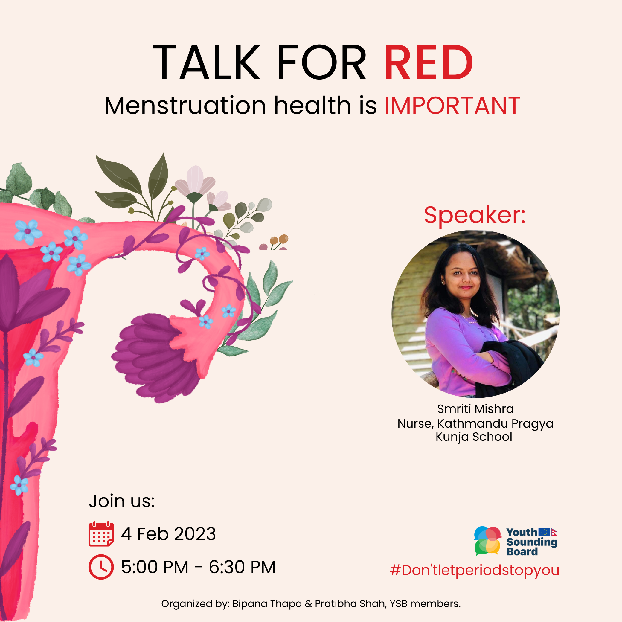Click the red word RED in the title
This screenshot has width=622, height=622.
click(429, 62)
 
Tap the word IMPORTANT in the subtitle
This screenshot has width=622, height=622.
click(452, 106)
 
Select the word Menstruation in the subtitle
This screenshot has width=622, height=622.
click(185, 106)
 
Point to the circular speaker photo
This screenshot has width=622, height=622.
click(475, 314)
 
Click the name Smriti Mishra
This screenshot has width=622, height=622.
click(475, 409)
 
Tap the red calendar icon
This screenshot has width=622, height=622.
click(101, 534)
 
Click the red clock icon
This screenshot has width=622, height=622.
click(101, 567)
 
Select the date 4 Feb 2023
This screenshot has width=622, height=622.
click(168, 534)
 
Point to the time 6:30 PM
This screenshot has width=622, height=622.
click(242, 567)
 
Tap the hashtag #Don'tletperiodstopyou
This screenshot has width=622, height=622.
click(474, 570)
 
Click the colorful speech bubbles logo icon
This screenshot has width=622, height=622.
click(487, 541)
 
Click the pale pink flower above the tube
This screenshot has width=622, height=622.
click(195, 182)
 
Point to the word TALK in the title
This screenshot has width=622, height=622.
click(206, 62)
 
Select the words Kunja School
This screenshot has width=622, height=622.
click(474, 437)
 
